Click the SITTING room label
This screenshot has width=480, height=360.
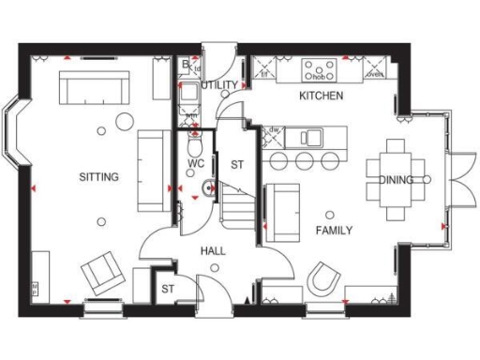tap(98, 176)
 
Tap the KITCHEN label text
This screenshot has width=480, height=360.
tap(321, 97)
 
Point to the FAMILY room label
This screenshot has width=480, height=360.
tap(334, 231)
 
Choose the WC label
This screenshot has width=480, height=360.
tap(196, 163)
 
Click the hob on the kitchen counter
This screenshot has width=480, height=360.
tap(319, 69)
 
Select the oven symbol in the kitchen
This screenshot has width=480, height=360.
tap(375, 71)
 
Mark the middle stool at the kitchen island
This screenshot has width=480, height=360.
tap(305, 161)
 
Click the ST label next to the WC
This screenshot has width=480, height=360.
tap(237, 164)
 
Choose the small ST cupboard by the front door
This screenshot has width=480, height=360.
tap(169, 288)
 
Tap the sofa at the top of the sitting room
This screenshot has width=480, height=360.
tap(94, 90)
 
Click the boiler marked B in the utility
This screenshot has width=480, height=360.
tap(186, 65)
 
